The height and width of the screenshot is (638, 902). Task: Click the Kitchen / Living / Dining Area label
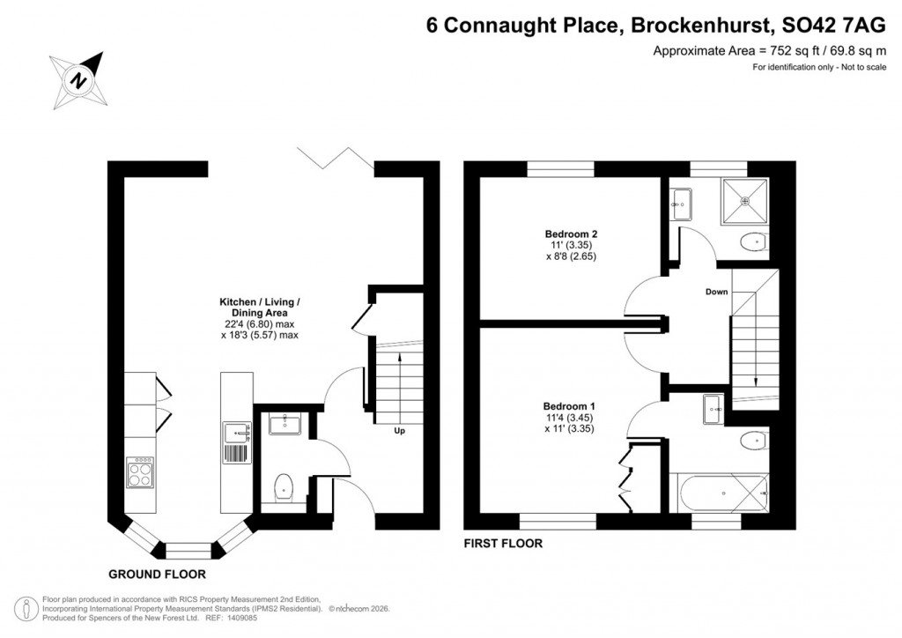click(259, 307)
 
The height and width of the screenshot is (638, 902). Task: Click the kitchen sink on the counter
click(235, 433)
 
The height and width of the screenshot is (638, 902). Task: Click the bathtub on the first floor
click(718, 493)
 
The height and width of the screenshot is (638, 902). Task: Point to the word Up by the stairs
click(399, 432)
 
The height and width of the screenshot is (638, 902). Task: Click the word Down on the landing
click(716, 292)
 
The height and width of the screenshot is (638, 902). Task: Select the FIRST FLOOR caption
click(503, 544)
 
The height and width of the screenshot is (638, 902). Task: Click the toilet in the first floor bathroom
click(751, 441)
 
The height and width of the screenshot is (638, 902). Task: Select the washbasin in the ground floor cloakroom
click(284, 425)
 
